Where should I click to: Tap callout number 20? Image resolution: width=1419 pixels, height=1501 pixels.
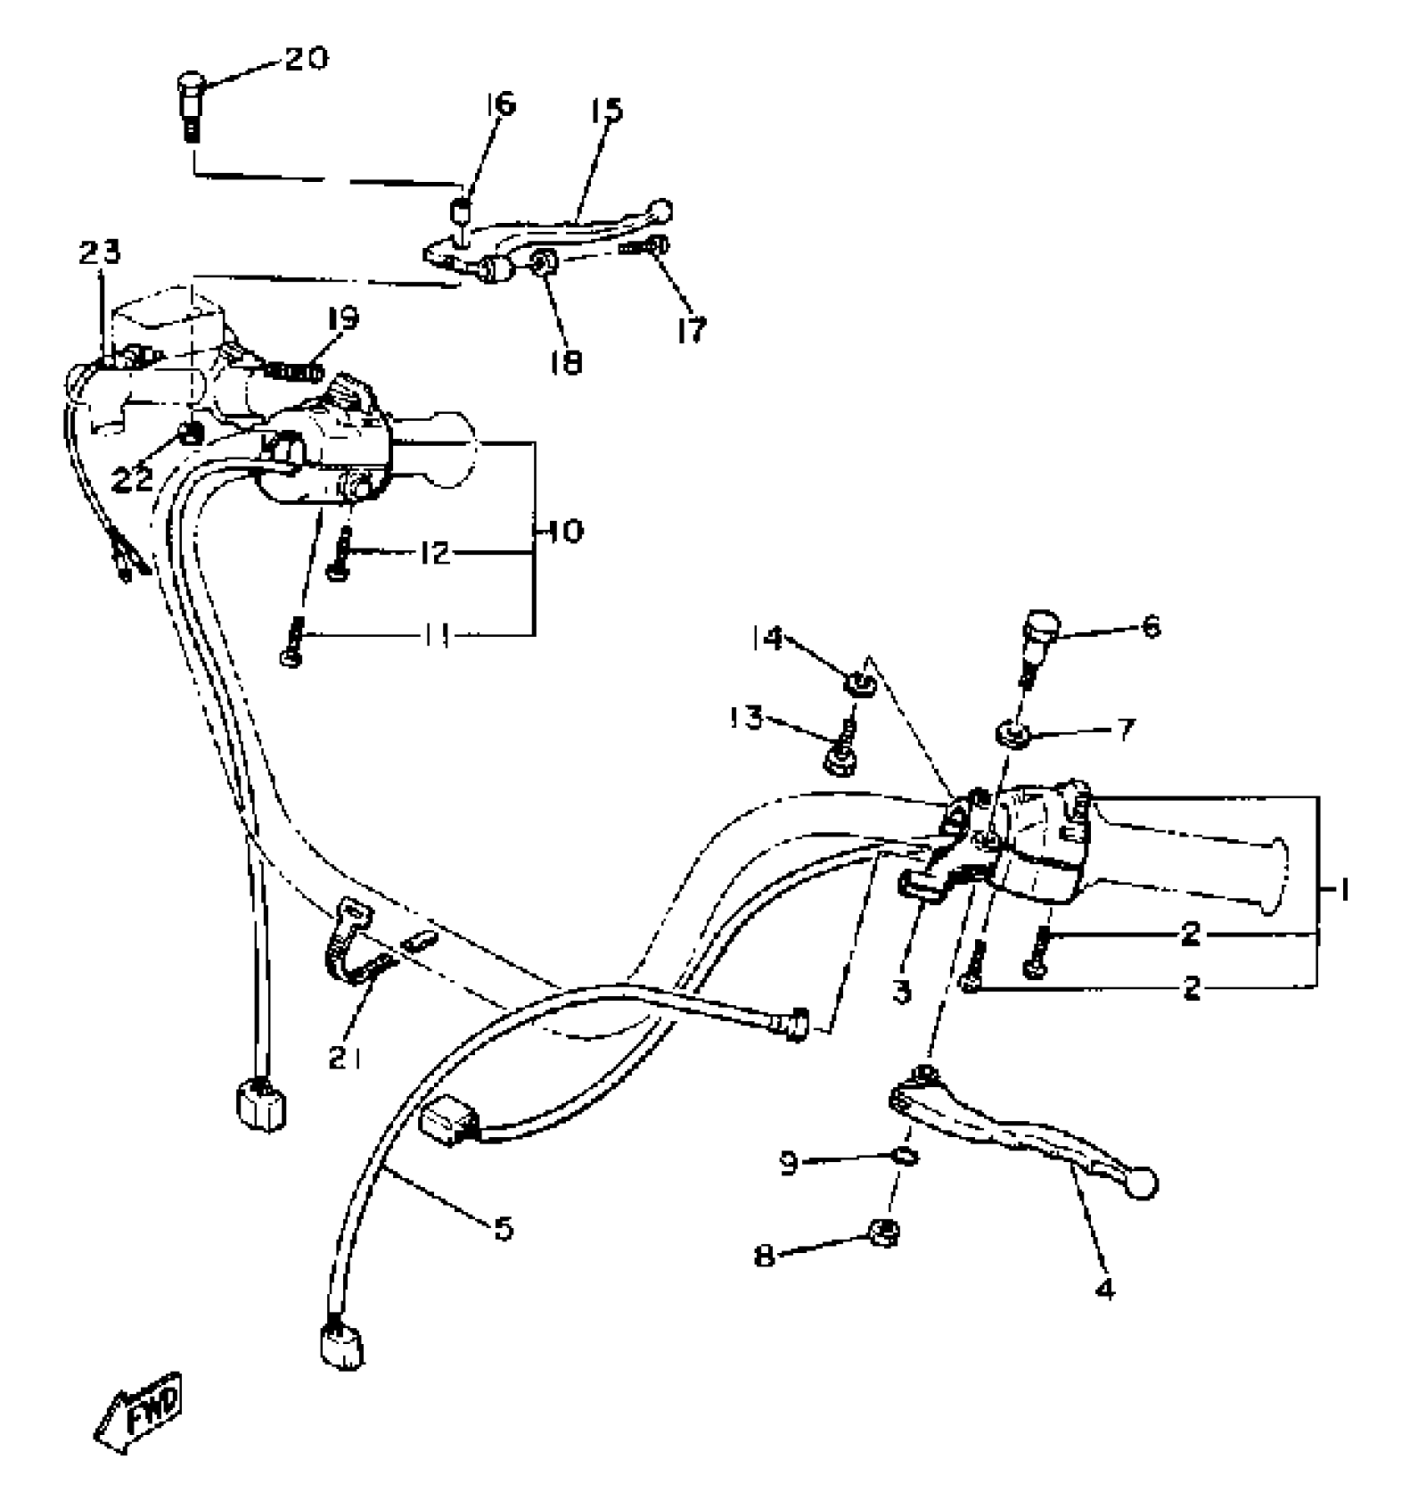point(306,58)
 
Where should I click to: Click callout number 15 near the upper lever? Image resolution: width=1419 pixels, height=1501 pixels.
point(608,110)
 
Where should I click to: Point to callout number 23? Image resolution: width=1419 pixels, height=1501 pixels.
point(100,252)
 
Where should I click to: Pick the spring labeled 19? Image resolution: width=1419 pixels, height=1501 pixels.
point(291,367)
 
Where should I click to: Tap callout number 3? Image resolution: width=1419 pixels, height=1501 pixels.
point(901,993)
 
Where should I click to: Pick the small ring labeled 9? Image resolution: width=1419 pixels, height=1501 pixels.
point(905,1158)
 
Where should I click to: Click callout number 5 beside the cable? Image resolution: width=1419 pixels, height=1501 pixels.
point(502,1228)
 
